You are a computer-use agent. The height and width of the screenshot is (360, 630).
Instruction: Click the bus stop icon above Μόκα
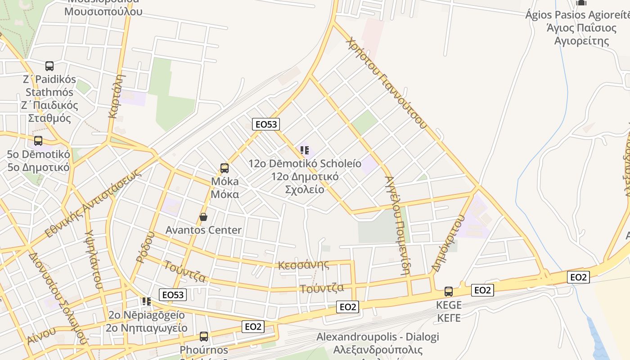tap(224, 168)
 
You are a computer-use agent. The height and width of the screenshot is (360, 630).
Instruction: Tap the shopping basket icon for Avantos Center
tap(203, 217)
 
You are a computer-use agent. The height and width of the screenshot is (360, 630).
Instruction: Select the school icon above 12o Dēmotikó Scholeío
tap(305, 150)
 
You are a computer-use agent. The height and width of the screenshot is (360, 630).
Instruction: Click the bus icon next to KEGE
tap(449, 291)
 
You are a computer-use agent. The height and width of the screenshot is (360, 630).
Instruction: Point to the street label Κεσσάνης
tap(303, 265)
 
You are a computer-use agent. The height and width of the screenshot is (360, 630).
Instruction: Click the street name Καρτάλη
tap(116, 96)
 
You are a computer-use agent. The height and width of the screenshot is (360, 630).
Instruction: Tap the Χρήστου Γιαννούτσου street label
tap(386, 83)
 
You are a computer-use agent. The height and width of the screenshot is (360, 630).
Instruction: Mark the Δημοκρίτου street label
tap(447, 243)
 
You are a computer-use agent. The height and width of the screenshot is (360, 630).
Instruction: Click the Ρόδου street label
tap(145, 247)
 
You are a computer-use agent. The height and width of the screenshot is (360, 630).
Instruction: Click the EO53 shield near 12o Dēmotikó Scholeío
tap(266, 124)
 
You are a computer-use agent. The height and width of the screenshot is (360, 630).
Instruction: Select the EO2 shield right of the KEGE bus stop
tap(482, 290)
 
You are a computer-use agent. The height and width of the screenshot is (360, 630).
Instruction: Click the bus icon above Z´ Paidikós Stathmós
tap(49, 66)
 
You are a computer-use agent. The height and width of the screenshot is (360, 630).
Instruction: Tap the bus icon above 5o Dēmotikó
tap(38, 141)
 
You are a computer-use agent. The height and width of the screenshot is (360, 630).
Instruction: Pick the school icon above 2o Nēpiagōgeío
tap(146, 301)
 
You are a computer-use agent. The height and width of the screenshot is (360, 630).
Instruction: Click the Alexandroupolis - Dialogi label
tap(377, 337)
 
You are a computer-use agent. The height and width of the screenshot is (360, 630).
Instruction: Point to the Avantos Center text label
tap(203, 230)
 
